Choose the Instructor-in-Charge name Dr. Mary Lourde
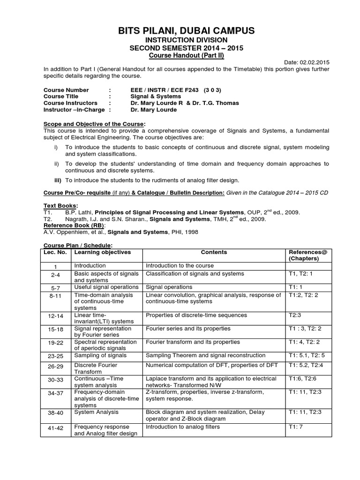click(154, 110)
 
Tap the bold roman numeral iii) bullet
click(59, 180)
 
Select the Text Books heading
click(60, 206)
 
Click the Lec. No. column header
click(55, 252)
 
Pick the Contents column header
click(214, 252)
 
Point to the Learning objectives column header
click(102, 252)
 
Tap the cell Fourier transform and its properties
click(193, 342)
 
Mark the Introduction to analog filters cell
click(183, 427)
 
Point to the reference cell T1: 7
click(297, 427)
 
